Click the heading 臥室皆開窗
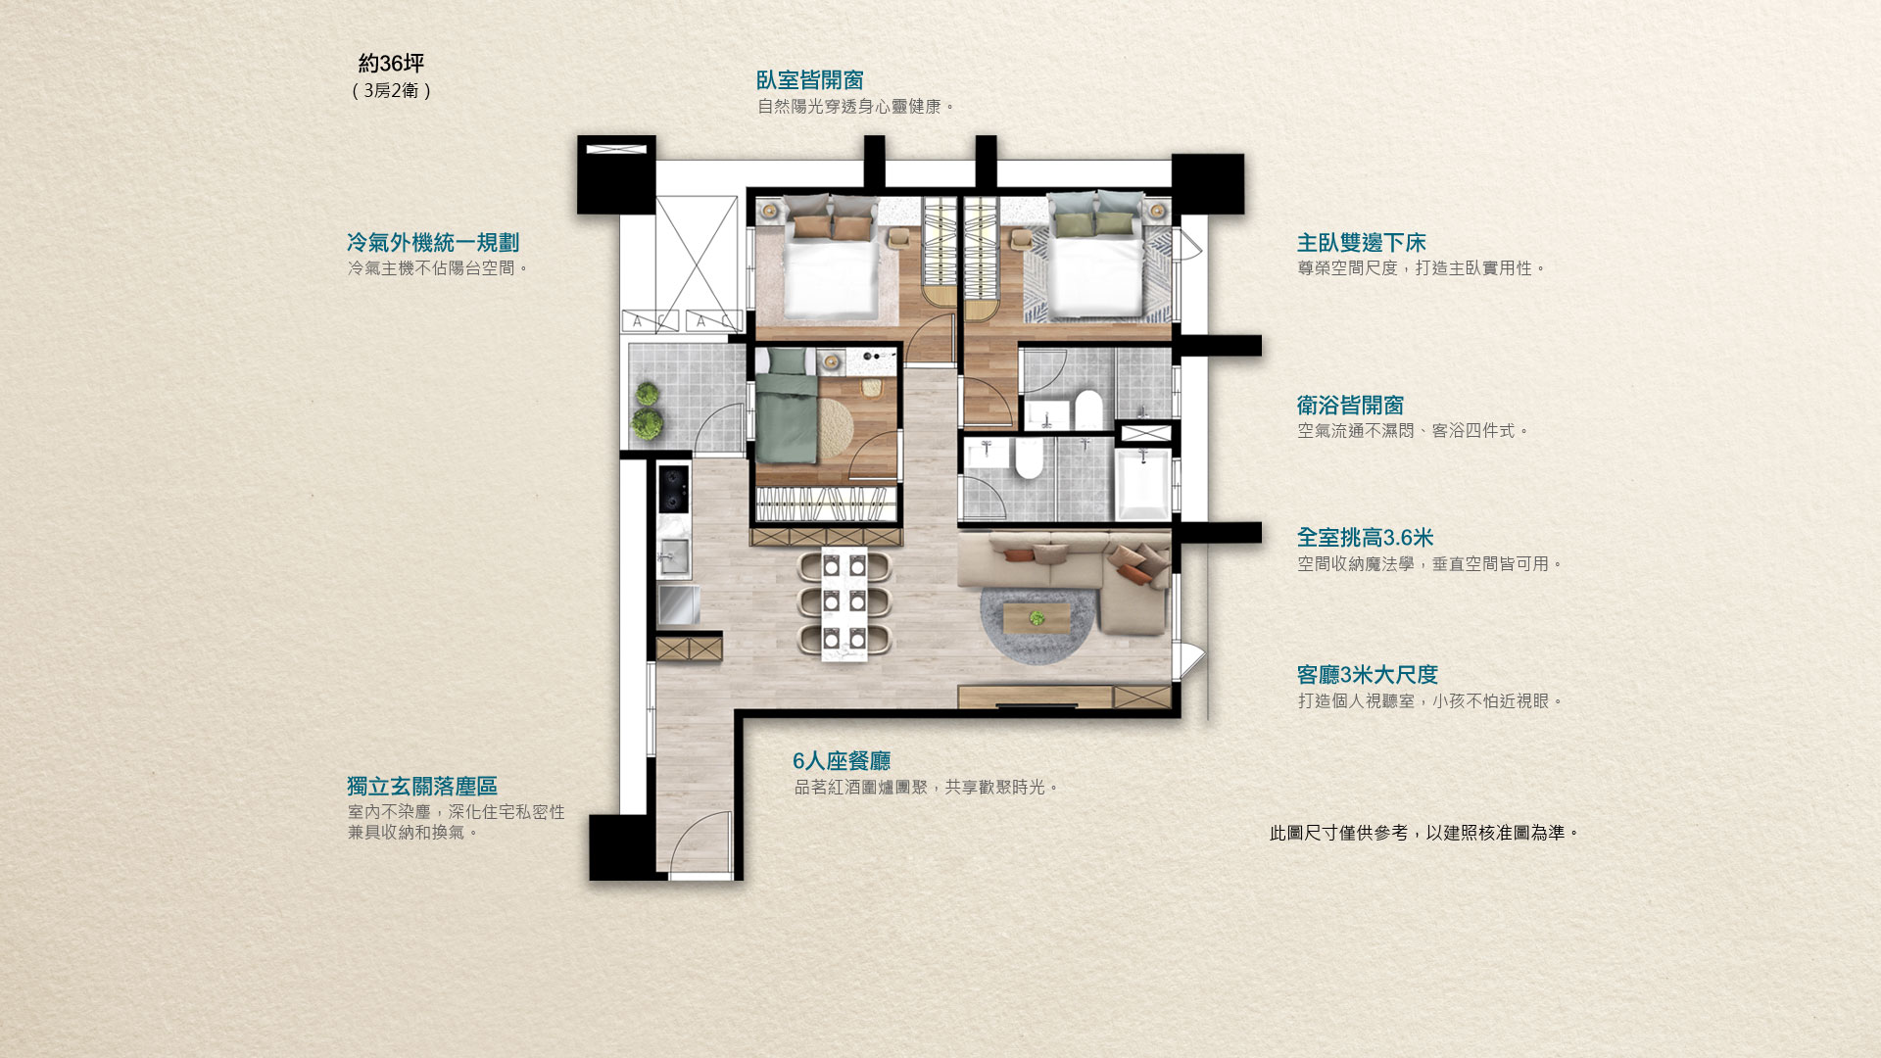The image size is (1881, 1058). click(x=809, y=80)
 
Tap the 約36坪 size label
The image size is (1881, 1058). click(x=391, y=64)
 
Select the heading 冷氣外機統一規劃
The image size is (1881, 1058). click(x=433, y=243)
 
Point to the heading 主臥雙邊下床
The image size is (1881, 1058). click(x=1361, y=243)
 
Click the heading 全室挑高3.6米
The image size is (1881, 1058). click(x=1365, y=538)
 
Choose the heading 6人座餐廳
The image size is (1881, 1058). click(x=842, y=761)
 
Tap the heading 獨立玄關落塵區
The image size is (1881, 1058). click(x=422, y=787)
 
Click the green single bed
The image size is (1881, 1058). click(x=786, y=407)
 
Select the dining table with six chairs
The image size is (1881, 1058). click(x=844, y=602)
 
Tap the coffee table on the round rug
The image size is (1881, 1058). click(x=1037, y=617)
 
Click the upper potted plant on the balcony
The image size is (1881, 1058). click(x=647, y=394)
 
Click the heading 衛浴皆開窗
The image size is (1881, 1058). click(x=1350, y=406)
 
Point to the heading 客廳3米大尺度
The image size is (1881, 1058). click(x=1367, y=675)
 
